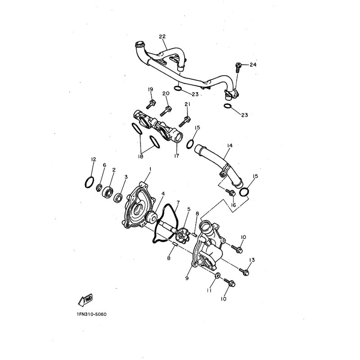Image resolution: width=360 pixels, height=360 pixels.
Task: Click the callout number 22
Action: point(162,36)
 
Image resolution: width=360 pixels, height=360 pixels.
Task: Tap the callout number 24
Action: point(253,65)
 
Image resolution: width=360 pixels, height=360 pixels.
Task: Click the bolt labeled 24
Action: point(238,67)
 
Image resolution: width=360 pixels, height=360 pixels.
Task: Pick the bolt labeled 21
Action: point(184,121)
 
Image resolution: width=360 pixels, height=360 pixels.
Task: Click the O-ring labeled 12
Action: point(89,182)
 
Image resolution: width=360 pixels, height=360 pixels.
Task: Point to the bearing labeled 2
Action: point(108,192)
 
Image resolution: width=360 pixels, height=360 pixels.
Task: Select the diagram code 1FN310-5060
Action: point(92,314)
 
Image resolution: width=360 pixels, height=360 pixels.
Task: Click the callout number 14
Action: point(229,145)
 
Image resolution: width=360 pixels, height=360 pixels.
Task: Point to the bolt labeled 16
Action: point(230,192)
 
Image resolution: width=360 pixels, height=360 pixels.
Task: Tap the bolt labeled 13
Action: point(244,272)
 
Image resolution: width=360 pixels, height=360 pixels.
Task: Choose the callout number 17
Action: point(176,156)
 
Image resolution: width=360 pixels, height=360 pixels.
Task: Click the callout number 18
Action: point(140,156)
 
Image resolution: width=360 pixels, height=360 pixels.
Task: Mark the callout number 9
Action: point(187,278)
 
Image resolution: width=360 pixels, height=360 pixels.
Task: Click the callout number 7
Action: point(178,202)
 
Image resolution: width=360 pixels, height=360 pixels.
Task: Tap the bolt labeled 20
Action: point(166,111)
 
